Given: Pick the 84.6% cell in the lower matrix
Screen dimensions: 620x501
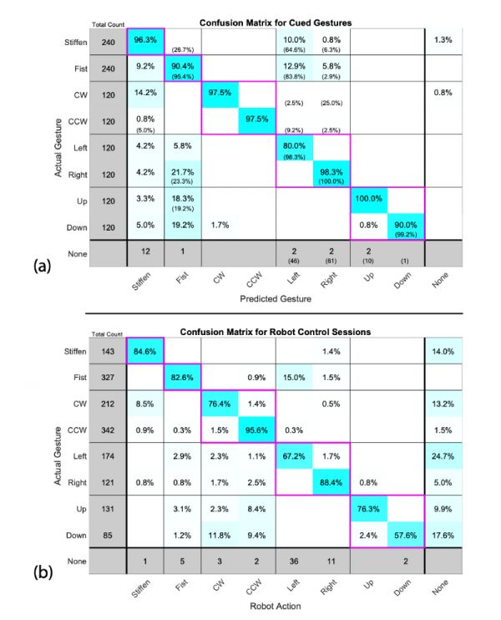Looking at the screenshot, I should point(145,351).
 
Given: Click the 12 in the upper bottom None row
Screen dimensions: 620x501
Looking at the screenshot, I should point(145,252).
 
